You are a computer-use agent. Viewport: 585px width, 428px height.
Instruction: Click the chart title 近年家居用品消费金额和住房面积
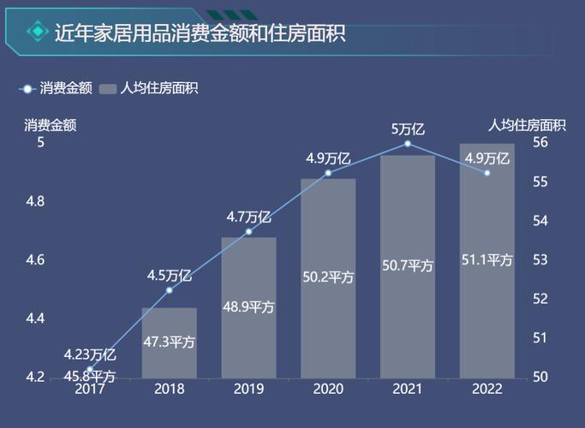coord(200,33)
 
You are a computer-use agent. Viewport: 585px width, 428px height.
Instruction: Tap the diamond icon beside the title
coord(37,33)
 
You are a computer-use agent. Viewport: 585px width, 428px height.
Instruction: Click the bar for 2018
coord(169,342)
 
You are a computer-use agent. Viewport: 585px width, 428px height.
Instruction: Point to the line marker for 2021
coord(408,144)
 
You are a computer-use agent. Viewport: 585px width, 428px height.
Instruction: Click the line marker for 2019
coord(248,231)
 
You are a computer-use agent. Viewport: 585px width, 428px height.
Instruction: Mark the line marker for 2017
coord(90,369)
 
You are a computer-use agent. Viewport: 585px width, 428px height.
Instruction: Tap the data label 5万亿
coord(408,129)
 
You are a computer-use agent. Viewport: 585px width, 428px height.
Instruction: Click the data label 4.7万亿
coord(248,217)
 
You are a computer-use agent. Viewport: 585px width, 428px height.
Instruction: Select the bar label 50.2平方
coord(328,276)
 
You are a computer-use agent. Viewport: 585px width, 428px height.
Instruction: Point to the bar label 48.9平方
coord(248,307)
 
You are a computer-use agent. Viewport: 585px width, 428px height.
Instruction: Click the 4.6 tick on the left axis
coord(33,260)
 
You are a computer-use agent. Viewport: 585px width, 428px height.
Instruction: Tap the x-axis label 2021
coord(408,389)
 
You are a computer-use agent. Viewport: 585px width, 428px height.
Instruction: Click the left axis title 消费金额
coord(51,125)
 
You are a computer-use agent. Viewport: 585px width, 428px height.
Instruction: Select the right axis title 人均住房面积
coord(527,125)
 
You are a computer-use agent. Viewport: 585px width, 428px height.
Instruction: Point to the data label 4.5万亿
coord(169,275)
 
